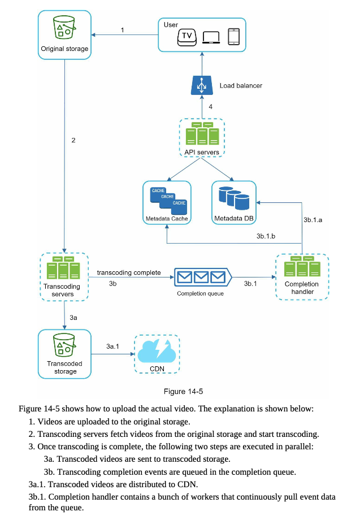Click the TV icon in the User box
point(186,37)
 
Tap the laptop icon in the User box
point(211,37)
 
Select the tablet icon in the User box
point(234,37)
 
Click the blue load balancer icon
point(202,85)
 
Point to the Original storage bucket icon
point(64,27)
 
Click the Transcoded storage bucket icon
point(64,345)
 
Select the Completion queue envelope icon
point(203,277)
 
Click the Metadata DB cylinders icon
point(234,198)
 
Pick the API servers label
point(201,152)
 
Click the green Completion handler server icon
point(302,266)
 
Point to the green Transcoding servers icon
point(63,268)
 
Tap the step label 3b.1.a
point(313,220)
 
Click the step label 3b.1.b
point(266,236)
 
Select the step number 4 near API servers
point(211,107)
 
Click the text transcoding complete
point(129,272)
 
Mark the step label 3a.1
point(112,346)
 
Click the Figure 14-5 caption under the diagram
point(183,391)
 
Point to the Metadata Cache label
point(167,219)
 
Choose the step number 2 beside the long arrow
point(73,140)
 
